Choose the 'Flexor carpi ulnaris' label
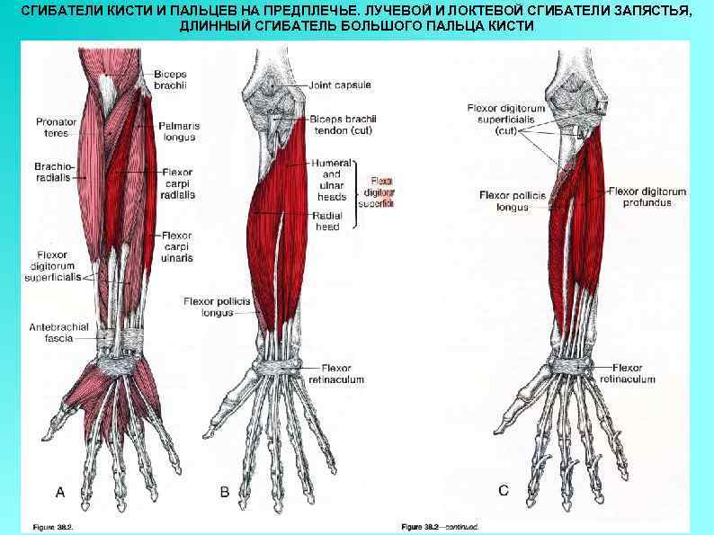(178, 246)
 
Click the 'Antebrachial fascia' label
(59, 333)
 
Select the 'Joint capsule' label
(340, 85)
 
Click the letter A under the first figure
(60, 491)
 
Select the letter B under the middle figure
(225, 491)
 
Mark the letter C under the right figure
(503, 490)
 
